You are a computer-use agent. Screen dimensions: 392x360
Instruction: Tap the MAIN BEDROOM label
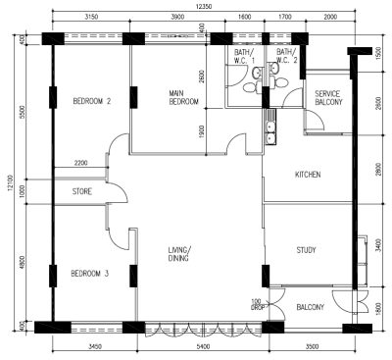pos(183,97)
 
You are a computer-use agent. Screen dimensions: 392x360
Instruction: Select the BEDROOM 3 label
pos(90,273)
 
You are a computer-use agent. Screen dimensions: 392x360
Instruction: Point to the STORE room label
pos(82,191)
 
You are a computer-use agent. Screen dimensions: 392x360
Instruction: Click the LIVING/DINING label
pos(179,254)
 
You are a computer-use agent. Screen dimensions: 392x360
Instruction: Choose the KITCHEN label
pos(308,175)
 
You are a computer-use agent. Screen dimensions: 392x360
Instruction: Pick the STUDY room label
pos(306,250)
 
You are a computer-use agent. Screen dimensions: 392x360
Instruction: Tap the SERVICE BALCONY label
pos(328,98)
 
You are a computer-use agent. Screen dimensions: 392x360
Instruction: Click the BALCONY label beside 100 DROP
pos(311,307)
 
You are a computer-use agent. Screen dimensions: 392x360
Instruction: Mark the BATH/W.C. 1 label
pos(244,56)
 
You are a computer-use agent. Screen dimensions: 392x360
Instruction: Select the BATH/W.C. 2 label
pos(287,56)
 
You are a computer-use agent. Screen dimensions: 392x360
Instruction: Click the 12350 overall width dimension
pos(204,7)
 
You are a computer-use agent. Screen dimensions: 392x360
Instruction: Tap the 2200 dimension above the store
pos(80,163)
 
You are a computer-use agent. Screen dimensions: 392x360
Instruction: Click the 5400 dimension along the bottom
pos(203,346)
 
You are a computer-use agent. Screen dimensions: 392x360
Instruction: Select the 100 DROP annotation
pos(257,305)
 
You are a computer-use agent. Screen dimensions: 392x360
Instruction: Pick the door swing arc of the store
pos(121,192)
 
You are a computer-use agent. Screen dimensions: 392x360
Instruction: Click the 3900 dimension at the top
pos(177,17)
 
